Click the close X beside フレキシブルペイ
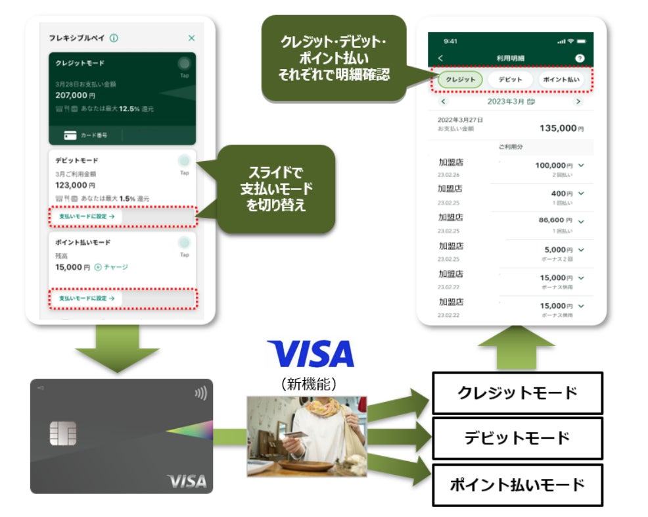coord(191,39)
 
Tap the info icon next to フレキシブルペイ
coord(114,39)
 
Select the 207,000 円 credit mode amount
coord(76,95)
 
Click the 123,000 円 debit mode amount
coord(76,185)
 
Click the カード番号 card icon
coord(70,135)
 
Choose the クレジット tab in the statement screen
coord(460,80)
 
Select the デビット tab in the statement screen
coord(510,80)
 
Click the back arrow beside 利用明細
coord(440,59)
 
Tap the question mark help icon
coord(579,59)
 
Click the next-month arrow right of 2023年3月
coord(578,102)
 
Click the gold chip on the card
coord(63,433)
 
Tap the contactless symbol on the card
coord(200,393)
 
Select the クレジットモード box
coord(517,393)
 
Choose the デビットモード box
coord(517,438)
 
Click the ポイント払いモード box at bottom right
coord(517,485)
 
